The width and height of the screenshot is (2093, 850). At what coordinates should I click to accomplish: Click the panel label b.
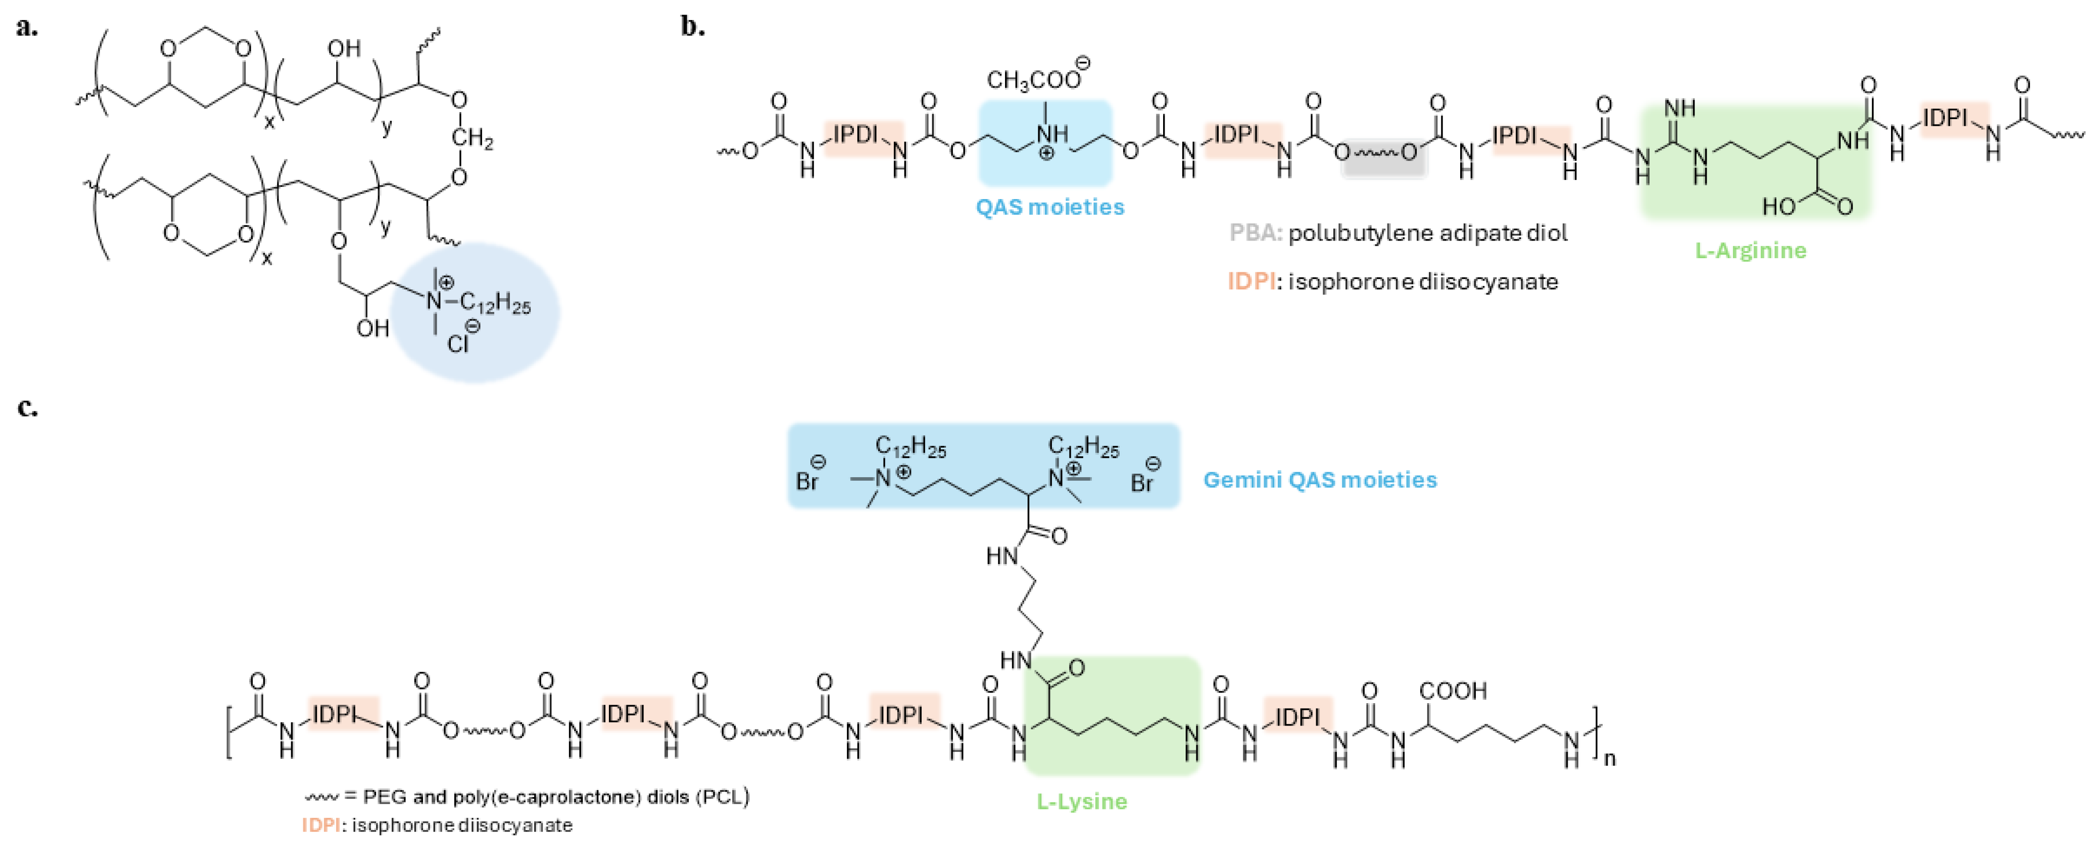[692, 27]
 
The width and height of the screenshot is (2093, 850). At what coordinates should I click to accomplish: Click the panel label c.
[27, 407]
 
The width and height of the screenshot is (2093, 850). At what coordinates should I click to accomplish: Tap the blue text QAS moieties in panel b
[1050, 207]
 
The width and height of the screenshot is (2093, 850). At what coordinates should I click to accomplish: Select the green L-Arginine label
[1750, 250]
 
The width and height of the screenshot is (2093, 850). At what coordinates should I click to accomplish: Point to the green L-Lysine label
[1082, 801]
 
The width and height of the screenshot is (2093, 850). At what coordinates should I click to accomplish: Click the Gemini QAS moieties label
[1320, 480]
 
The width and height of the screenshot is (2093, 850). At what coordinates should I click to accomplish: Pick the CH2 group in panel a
[472, 138]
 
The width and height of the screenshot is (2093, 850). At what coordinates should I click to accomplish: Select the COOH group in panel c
[1453, 691]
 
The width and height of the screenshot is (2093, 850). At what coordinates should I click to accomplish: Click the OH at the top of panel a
[343, 49]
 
